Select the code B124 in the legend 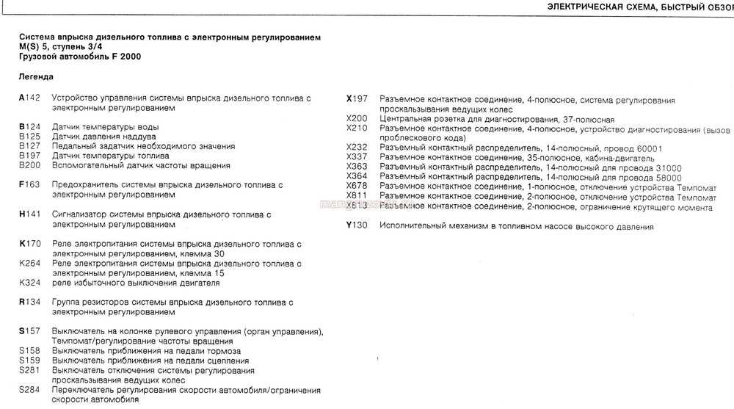[x=30, y=127]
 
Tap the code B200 [x=30, y=165]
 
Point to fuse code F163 [x=30, y=185]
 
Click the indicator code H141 [x=30, y=214]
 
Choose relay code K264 [x=30, y=263]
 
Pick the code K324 [x=30, y=282]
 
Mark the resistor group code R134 [x=30, y=302]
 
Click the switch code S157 [x=30, y=331]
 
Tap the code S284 [x=30, y=389]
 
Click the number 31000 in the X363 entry [x=664, y=167]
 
